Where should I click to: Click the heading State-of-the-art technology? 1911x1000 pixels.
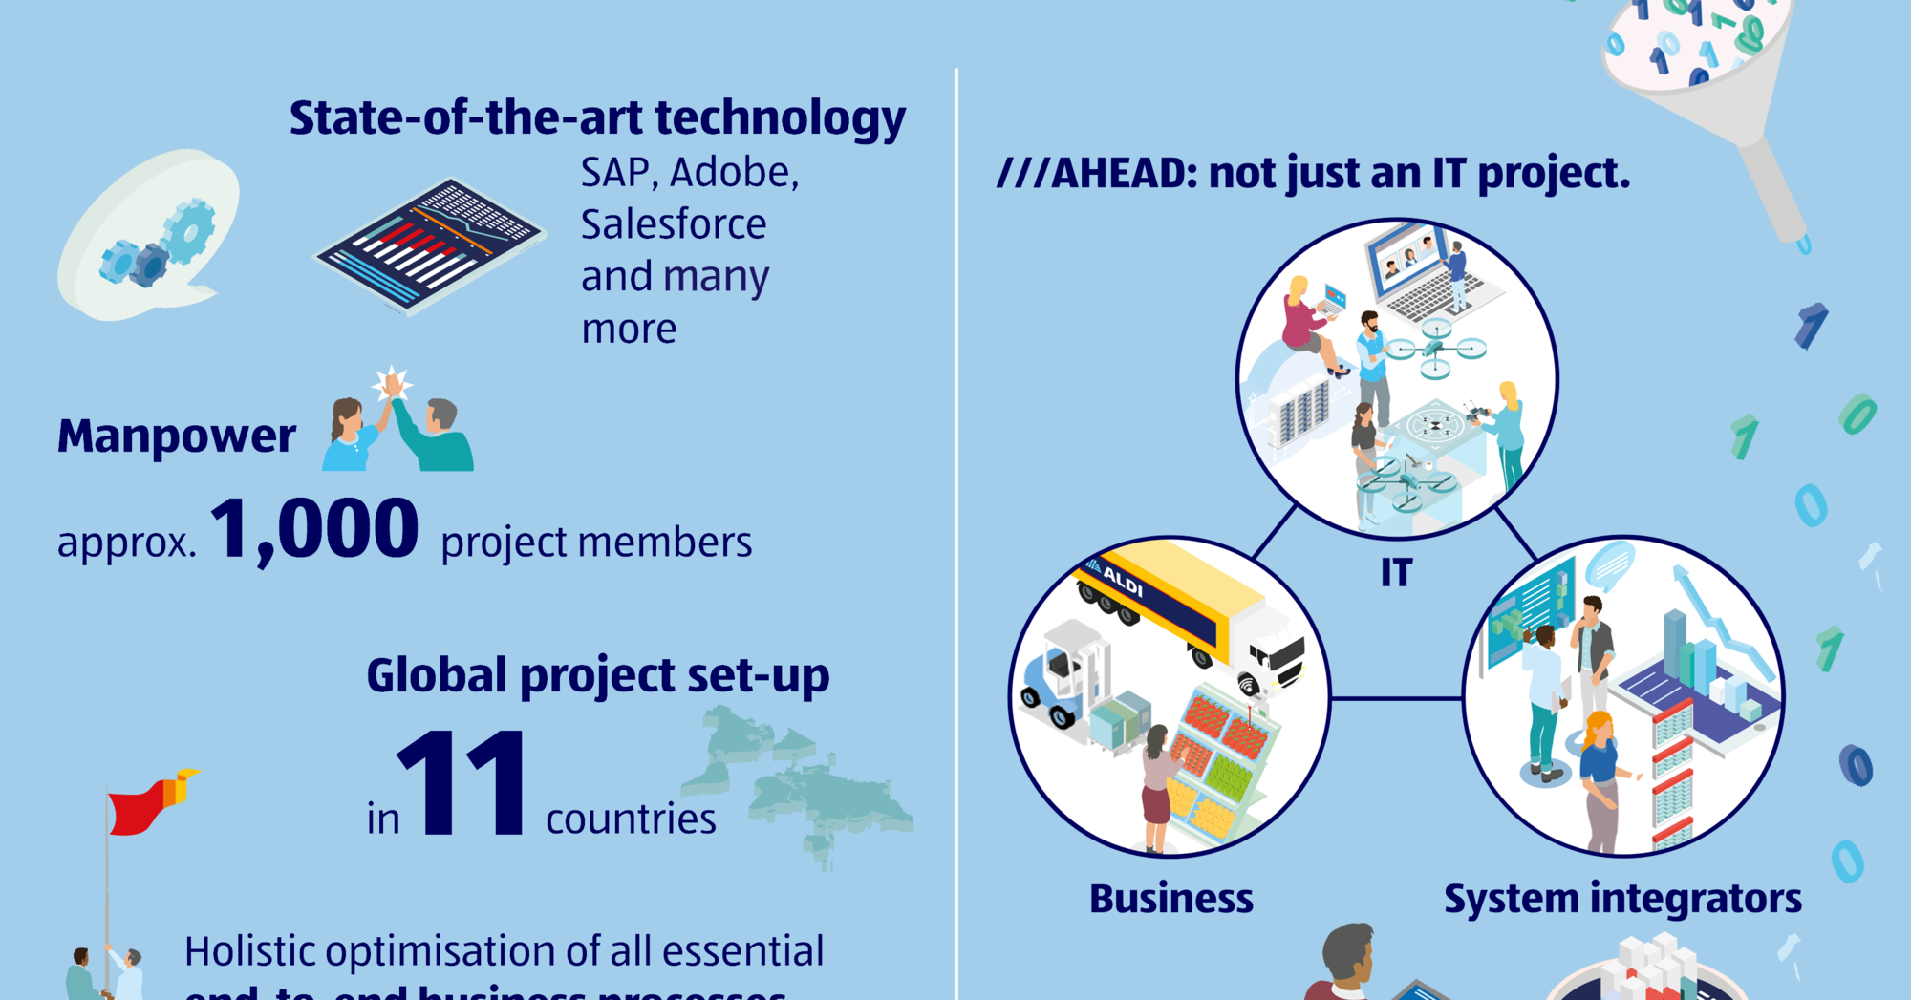coord(597,118)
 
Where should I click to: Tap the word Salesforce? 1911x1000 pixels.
coord(674,224)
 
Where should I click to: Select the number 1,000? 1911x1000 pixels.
coord(314,530)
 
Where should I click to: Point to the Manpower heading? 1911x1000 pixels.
coord(177,436)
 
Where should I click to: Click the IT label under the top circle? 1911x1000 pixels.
coord(1396,573)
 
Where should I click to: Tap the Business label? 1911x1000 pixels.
coord(1170,899)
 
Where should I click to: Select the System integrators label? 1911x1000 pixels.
coord(1622,899)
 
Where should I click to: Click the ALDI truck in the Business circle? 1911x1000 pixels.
coord(1194,611)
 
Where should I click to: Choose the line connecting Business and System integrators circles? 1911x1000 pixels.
coord(1396,698)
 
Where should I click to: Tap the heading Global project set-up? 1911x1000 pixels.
coord(598,676)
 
